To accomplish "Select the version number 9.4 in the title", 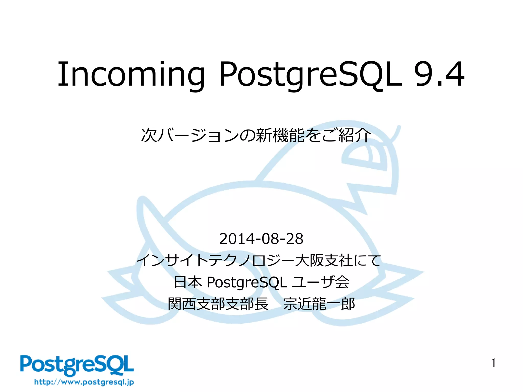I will pyautogui.click(x=439, y=75).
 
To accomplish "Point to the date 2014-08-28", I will pyautogui.click(x=261, y=239).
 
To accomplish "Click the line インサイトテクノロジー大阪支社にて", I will pyautogui.click(x=258, y=261).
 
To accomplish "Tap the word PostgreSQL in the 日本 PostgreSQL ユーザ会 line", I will pyautogui.click(x=246, y=282).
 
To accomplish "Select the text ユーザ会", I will pyautogui.click(x=320, y=282).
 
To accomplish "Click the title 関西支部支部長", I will pyautogui.click(x=218, y=304).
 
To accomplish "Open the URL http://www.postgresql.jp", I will pyautogui.click(x=84, y=382).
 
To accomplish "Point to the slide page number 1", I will pyautogui.click(x=493, y=363).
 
